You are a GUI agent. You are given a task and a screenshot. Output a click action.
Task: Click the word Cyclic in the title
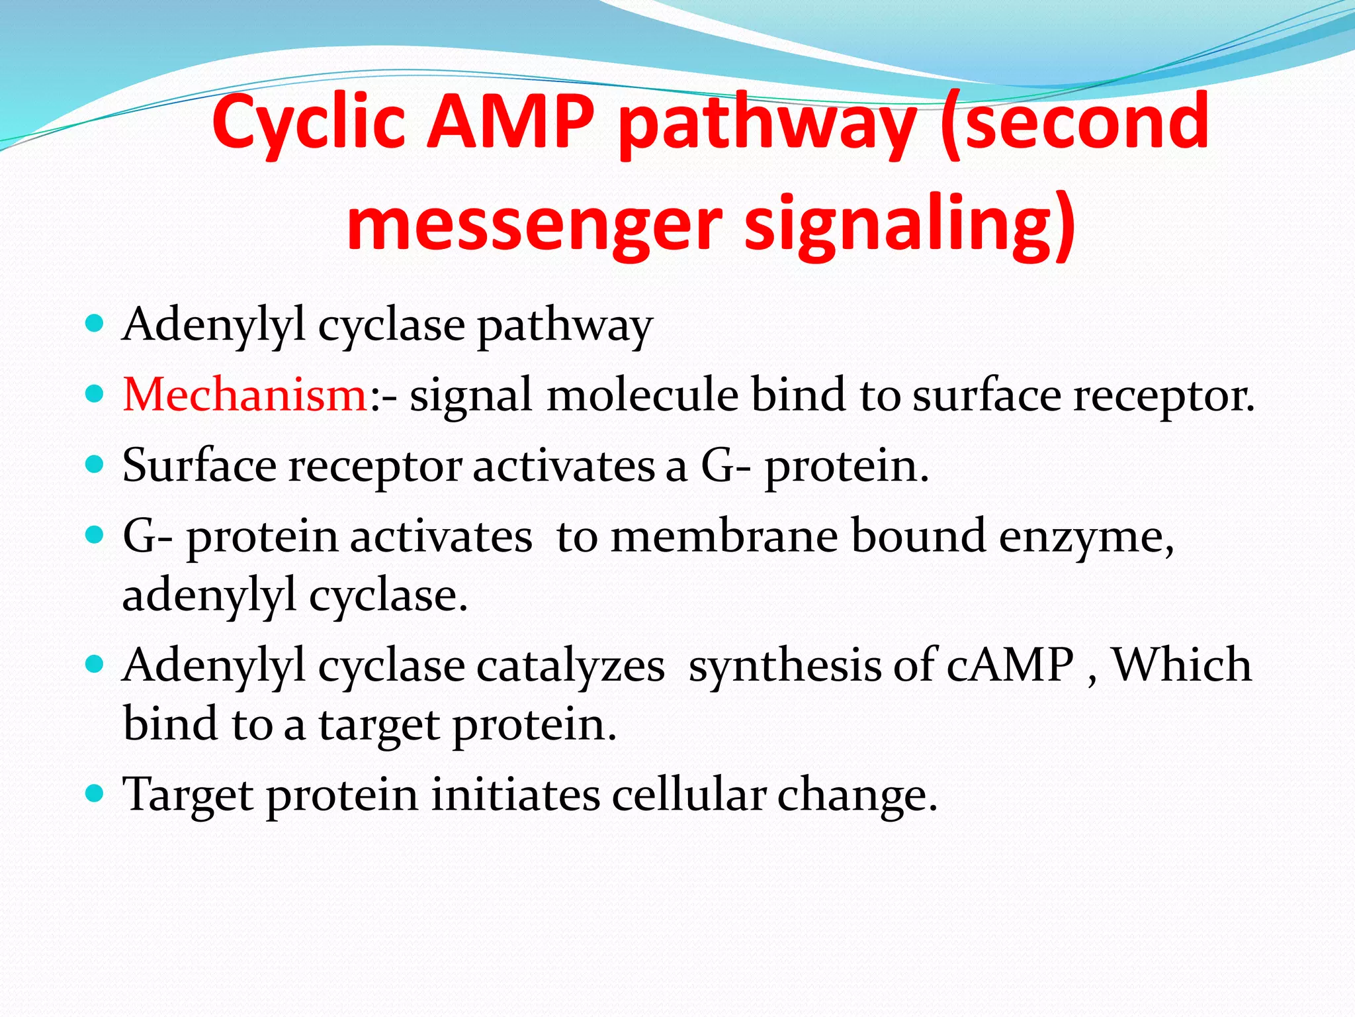click(x=308, y=122)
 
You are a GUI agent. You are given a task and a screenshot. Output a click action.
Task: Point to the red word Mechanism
click(x=245, y=395)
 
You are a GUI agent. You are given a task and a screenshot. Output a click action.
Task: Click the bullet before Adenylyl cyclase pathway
click(x=95, y=324)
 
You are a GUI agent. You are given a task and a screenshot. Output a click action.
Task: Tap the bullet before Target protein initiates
click(x=95, y=793)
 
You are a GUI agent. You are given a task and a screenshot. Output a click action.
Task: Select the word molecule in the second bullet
click(x=642, y=395)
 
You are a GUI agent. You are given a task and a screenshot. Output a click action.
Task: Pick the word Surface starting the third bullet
click(x=199, y=465)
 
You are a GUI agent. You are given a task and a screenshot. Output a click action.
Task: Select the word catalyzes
click(x=570, y=666)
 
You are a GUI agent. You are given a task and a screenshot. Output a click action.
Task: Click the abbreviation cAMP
click(x=1010, y=665)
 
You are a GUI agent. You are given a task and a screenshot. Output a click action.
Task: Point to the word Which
click(x=1182, y=665)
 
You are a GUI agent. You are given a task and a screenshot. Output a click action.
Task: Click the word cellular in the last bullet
click(x=689, y=795)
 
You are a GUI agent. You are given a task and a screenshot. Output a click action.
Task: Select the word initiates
click(x=515, y=795)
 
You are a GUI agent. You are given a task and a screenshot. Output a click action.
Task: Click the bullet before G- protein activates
click(x=95, y=535)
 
